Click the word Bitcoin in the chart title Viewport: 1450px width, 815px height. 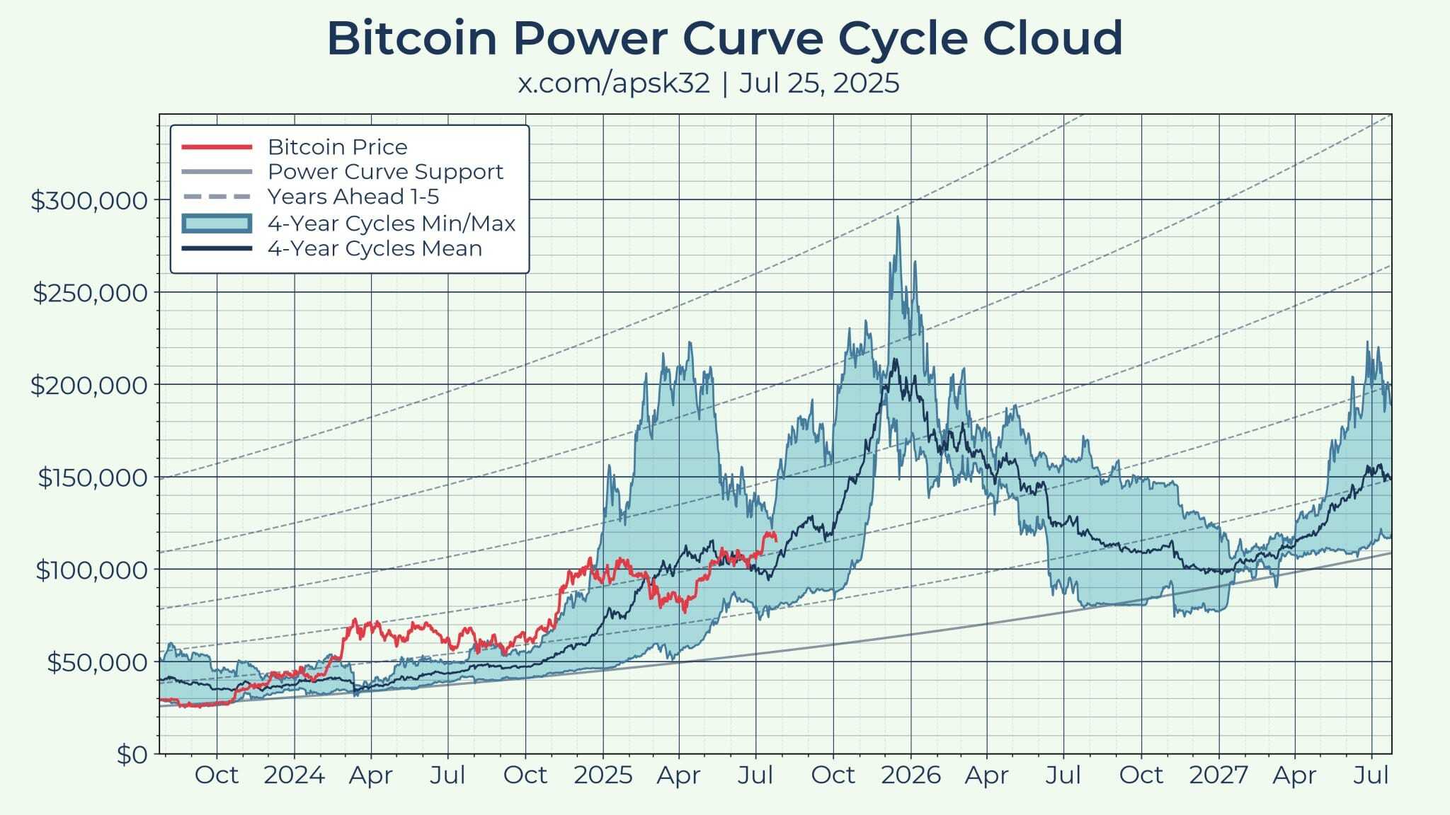click(411, 39)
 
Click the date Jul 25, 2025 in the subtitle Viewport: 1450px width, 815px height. click(819, 83)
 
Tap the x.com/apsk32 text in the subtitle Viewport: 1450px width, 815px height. click(614, 83)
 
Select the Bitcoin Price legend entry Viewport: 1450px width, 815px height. click(337, 147)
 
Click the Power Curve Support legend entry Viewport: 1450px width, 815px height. click(385, 172)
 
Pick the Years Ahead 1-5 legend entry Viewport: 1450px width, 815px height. click(353, 197)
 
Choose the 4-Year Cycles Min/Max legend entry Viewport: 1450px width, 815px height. click(391, 224)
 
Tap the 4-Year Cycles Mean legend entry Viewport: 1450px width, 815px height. click(375, 248)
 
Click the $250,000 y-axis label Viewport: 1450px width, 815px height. click(91, 293)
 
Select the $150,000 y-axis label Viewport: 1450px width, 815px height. click(93, 478)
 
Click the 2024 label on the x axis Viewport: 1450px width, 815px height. click(294, 775)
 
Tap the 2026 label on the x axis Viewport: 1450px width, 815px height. click(910, 775)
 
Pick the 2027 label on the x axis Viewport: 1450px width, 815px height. click(1218, 775)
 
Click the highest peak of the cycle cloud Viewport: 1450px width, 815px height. click(898, 216)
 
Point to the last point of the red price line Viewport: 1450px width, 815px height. click(777, 541)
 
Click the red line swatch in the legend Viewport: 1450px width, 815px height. click(217, 147)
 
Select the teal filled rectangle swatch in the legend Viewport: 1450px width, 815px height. click(217, 224)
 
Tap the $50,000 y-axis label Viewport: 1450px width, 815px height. click(98, 663)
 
